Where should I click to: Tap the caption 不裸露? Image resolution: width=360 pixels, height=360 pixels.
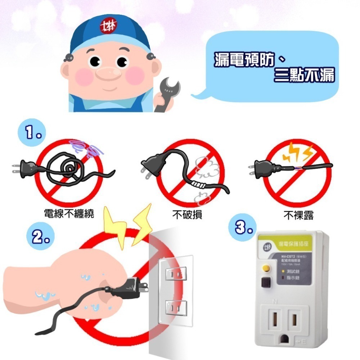tap(298, 215)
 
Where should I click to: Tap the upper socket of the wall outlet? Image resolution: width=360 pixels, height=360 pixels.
tap(175, 274)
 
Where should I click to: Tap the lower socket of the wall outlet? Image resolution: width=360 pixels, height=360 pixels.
tap(175, 308)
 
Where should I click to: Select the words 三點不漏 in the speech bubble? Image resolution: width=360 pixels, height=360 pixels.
tap(304, 76)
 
